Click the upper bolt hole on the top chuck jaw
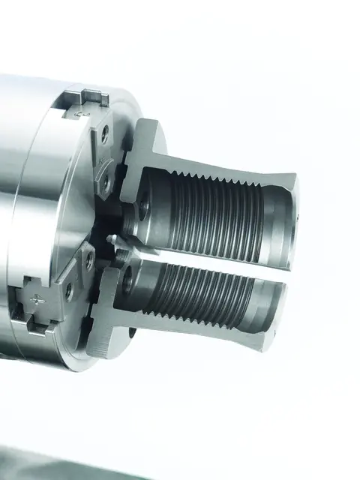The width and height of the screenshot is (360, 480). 104,136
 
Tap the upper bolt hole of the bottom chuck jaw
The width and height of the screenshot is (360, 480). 89,260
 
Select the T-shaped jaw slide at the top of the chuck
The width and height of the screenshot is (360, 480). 88,100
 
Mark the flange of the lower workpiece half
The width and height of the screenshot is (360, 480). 109,315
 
